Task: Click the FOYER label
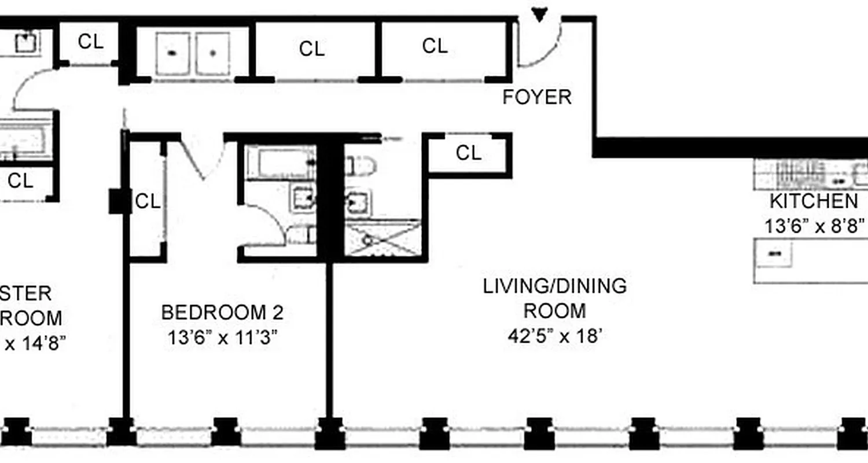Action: pyautogui.click(x=536, y=97)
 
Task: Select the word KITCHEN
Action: pyautogui.click(x=813, y=201)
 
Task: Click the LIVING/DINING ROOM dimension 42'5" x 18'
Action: pyautogui.click(x=554, y=336)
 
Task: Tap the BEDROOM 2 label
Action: pyautogui.click(x=222, y=313)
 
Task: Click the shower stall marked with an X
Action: pyautogui.click(x=382, y=237)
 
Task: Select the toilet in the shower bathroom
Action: pyautogui.click(x=361, y=166)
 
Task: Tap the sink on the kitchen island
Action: pyautogui.click(x=774, y=253)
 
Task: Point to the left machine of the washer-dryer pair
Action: pyautogui.click(x=172, y=53)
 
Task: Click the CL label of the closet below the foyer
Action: pyautogui.click(x=468, y=153)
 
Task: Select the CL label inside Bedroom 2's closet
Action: pyautogui.click(x=147, y=201)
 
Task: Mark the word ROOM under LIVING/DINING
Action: pyautogui.click(x=554, y=311)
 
